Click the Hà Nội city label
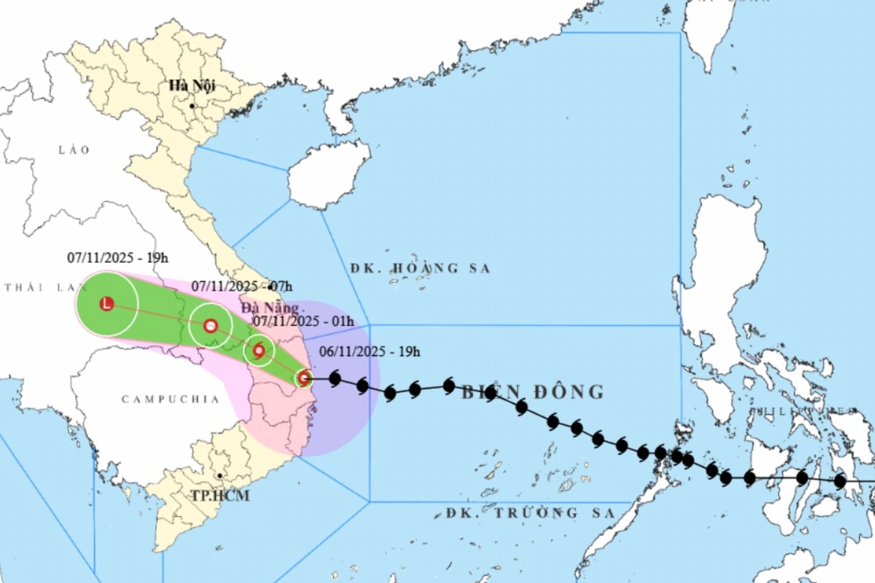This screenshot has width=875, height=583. coord(192,86)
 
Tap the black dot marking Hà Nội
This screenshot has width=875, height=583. coord(192,106)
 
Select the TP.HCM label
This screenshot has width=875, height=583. coord(220,495)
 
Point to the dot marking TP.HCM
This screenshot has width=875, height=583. coord(220,476)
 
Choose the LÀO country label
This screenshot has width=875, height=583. coord(74,150)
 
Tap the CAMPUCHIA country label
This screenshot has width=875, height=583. coord(171,399)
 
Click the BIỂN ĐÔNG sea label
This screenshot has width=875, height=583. coord(533,392)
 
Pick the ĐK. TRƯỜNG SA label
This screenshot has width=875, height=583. coord(530,513)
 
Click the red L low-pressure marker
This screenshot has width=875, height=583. coord(107,304)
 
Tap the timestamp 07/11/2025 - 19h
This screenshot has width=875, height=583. coord(118,258)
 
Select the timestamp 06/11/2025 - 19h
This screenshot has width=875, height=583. coord(369,351)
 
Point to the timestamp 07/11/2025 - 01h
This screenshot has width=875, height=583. coord(304,321)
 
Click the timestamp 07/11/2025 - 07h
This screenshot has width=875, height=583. coord(242,286)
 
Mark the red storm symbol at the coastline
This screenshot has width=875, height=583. coord(304,378)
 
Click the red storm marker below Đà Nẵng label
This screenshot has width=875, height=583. coord(259,350)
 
